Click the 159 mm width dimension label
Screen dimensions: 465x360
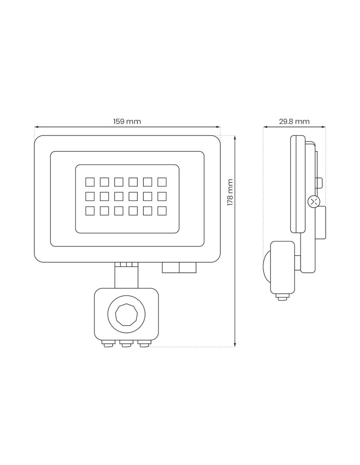pyautogui.click(x=127, y=122)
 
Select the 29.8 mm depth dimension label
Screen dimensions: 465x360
pyautogui.click(x=294, y=122)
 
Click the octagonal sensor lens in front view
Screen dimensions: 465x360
pyautogui.click(x=126, y=314)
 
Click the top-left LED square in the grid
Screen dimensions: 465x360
pyautogui.click(x=90, y=181)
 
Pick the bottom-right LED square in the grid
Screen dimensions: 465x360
pyautogui.click(x=162, y=211)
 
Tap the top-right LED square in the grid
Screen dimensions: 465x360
pyautogui.click(x=162, y=181)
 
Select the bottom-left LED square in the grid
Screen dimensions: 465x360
pyautogui.click(x=90, y=211)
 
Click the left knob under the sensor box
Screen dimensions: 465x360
pyautogui.click(x=108, y=344)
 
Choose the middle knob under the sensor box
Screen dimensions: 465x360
pyautogui.click(x=126, y=344)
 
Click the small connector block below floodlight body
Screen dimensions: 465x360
pyautogui.click(x=179, y=267)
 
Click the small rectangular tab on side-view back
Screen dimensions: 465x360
pyautogui.click(x=319, y=183)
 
